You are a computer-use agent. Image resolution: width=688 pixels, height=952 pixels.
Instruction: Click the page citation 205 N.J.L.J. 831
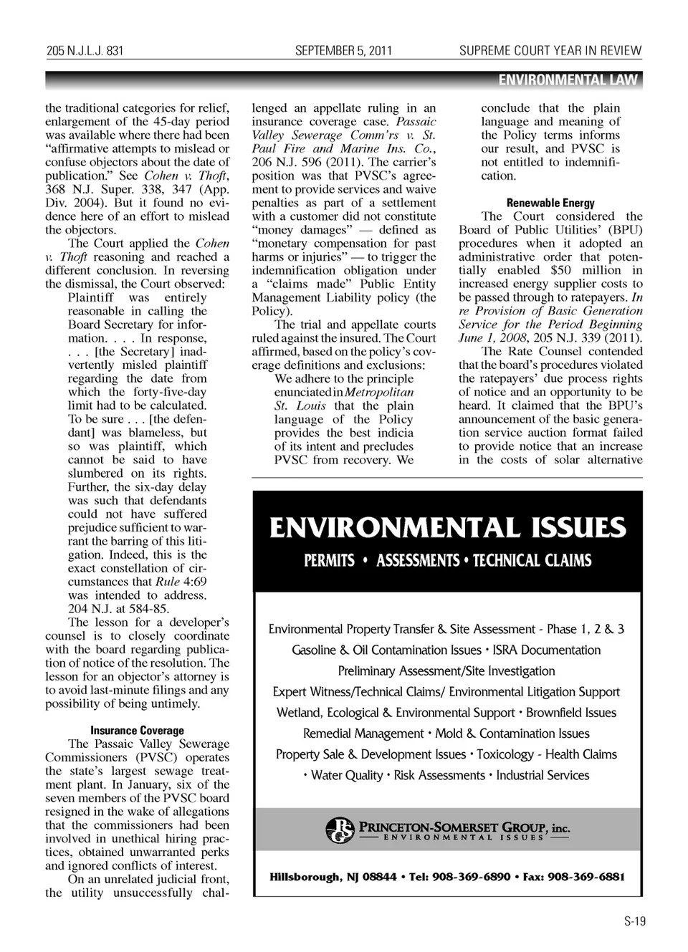[x=85, y=51]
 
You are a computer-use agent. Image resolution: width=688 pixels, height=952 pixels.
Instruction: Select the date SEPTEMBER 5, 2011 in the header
[x=343, y=51]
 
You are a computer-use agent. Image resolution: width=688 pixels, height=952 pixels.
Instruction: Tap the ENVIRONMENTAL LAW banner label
[x=568, y=80]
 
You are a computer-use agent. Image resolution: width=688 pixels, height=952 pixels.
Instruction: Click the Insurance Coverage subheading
[x=137, y=731]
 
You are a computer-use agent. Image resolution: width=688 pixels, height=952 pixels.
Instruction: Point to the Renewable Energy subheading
[x=550, y=203]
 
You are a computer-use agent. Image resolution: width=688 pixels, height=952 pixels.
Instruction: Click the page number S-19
[x=634, y=921]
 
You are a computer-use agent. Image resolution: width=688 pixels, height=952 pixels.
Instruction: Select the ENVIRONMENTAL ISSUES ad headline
[x=447, y=528]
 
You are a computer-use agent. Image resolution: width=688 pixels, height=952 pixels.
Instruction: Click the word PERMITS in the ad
[x=329, y=560]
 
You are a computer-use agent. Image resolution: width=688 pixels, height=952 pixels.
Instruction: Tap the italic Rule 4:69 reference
[x=181, y=582]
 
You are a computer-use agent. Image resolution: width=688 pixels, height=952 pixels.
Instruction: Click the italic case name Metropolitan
[x=379, y=393]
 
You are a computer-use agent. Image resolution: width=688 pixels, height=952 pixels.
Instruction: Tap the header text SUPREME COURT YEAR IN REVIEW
[x=550, y=51]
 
